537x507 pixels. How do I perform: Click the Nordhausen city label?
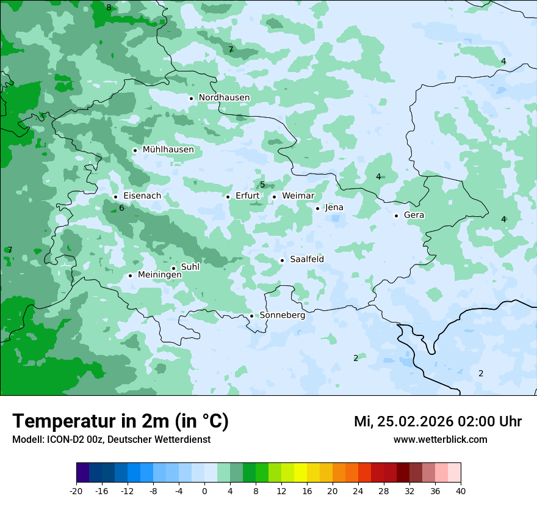coord(224,98)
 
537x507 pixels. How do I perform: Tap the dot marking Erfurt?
coord(228,197)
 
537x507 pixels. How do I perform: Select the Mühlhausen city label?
coord(168,150)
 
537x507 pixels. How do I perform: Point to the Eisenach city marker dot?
coord(115,197)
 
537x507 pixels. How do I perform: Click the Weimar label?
coord(298,196)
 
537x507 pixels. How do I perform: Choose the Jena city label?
coord(334,208)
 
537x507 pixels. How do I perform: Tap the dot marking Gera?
coord(396,216)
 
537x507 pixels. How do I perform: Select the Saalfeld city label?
coord(306,260)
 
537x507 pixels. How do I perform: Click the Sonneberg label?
coord(282,316)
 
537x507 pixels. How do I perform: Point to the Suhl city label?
coord(190,267)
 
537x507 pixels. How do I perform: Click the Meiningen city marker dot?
coord(130,275)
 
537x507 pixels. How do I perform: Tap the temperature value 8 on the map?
coord(109,8)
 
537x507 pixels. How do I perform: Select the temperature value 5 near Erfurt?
coord(262,185)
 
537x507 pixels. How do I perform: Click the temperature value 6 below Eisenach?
coord(121,208)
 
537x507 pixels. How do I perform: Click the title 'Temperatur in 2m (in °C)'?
coord(120,421)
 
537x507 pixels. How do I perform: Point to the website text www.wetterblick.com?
coord(440,440)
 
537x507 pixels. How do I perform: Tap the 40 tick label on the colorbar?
coord(461,491)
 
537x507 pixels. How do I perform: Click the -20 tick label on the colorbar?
coord(76,491)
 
